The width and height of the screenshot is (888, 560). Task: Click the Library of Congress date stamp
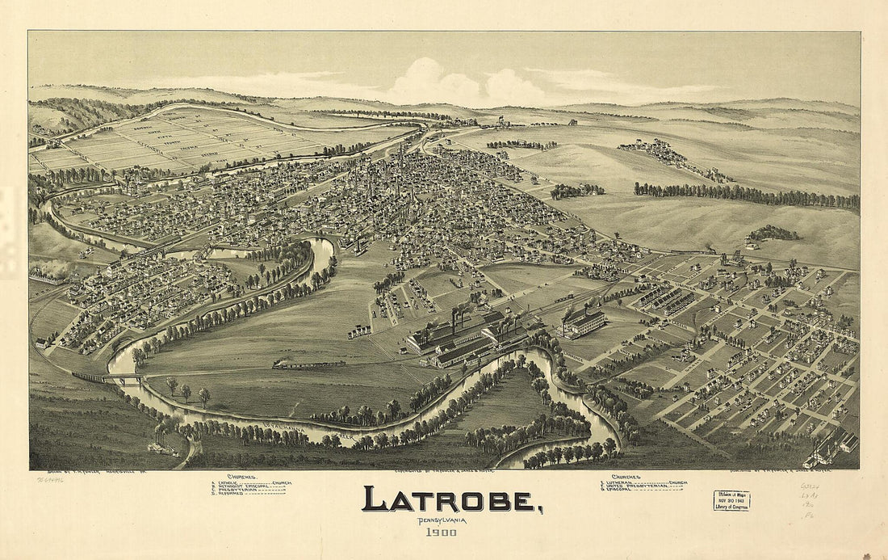pos(731,500)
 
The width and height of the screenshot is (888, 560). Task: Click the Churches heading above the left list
pos(241,476)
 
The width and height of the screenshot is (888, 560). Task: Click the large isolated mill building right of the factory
pos(582,322)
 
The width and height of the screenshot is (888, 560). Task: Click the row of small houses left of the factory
pos(359,331)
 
